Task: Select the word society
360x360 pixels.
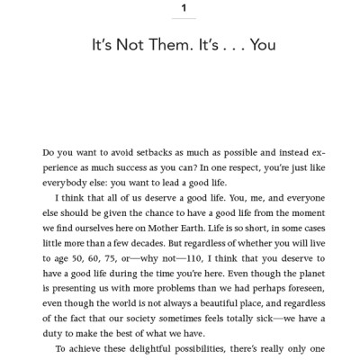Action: click(x=127, y=311)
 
